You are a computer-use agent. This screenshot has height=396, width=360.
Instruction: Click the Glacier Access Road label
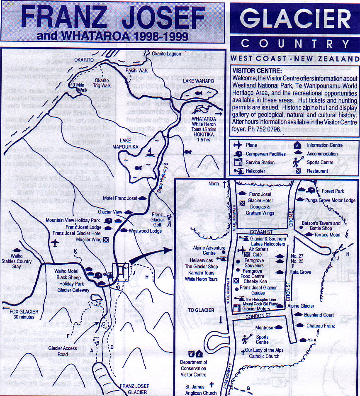63,351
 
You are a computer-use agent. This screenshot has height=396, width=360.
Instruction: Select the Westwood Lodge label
145,231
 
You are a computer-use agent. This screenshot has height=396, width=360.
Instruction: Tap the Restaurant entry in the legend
318,171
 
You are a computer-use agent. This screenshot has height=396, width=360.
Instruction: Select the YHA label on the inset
312,340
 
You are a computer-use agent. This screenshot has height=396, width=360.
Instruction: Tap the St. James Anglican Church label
201,390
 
